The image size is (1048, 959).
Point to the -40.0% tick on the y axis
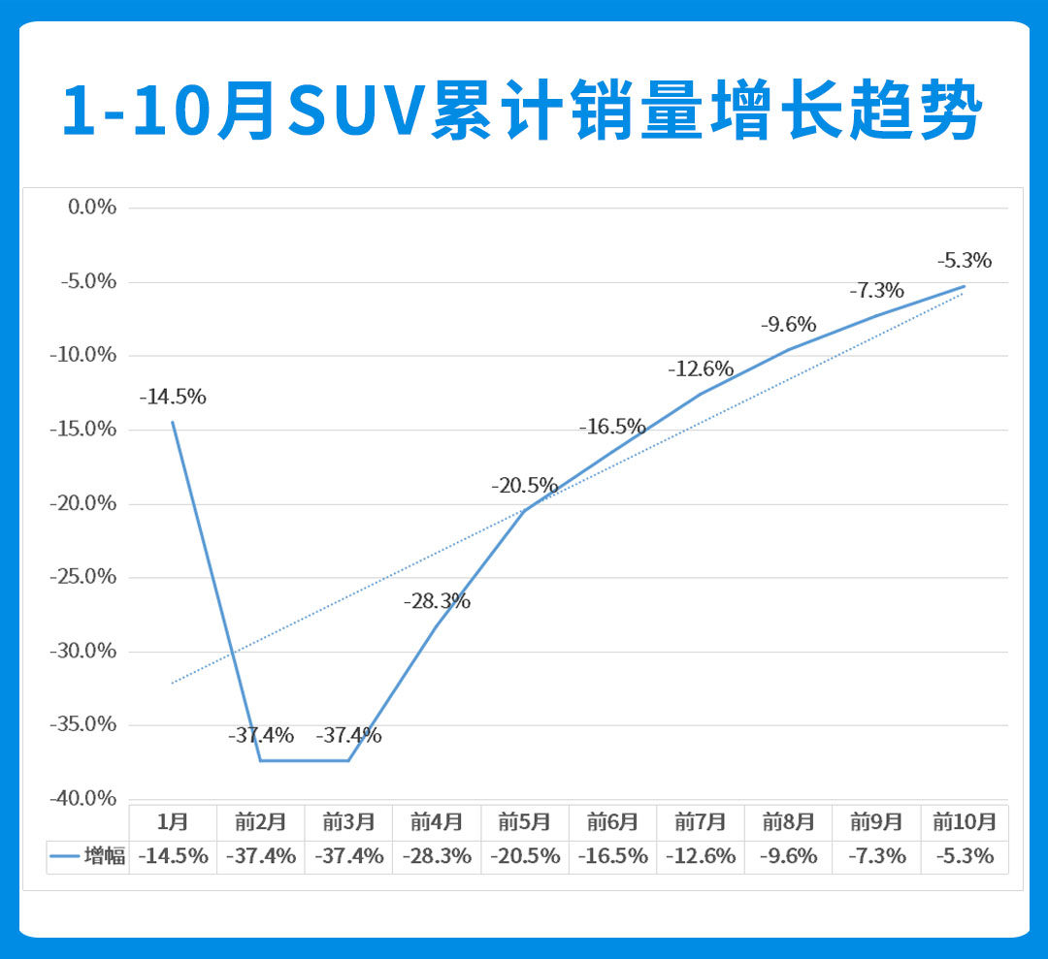(x=82, y=798)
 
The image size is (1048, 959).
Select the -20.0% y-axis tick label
(x=82, y=503)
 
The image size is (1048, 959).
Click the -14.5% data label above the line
(x=173, y=397)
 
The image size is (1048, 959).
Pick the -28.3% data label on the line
(x=437, y=601)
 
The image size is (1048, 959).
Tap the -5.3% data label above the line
(x=965, y=260)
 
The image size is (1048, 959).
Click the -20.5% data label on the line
(x=524, y=485)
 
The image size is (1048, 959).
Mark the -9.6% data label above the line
(x=788, y=324)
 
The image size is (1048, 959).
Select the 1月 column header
(x=173, y=822)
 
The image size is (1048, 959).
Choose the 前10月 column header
(x=965, y=822)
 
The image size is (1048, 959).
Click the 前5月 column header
(x=524, y=822)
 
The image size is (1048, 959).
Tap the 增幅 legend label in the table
(x=105, y=856)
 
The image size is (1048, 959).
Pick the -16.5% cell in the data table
(x=612, y=856)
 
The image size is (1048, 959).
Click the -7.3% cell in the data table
(x=876, y=856)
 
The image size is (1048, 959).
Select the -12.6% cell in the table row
(x=701, y=856)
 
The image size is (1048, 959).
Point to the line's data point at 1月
(x=173, y=422)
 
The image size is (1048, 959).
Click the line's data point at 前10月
(x=965, y=286)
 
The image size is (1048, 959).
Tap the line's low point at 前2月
(x=261, y=760)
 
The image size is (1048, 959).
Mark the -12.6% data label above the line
(x=701, y=368)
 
